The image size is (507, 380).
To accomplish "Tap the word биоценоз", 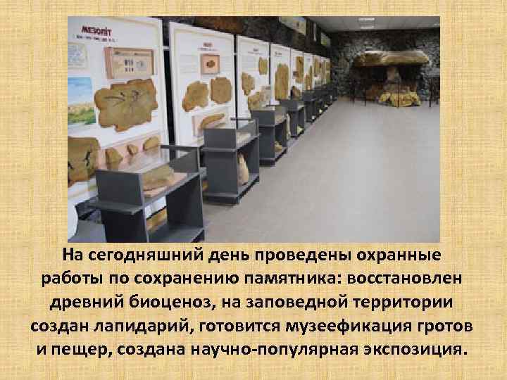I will [182, 302].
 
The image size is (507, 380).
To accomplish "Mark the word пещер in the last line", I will [76, 350].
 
